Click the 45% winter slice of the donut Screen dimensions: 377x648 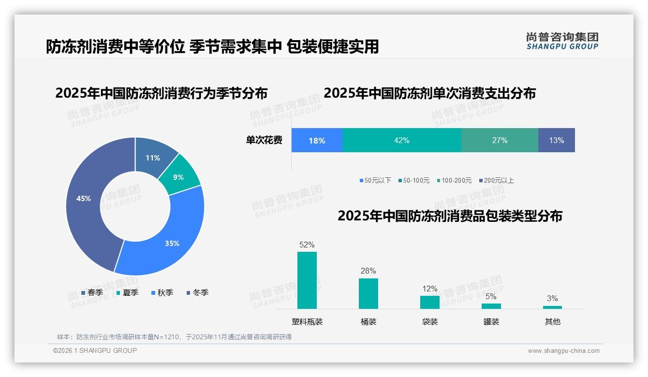(x=85, y=203)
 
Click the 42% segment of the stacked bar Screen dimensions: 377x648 (x=401, y=140)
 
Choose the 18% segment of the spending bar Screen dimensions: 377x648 (x=317, y=140)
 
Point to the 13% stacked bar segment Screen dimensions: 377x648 (x=556, y=140)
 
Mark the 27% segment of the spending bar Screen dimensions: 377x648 (x=500, y=140)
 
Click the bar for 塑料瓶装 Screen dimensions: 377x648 (x=307, y=280)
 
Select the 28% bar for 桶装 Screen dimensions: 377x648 (x=368, y=293)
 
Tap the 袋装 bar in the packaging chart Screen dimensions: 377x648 (x=429, y=302)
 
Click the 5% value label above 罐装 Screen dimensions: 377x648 (x=491, y=297)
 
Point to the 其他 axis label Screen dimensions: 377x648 (x=552, y=321)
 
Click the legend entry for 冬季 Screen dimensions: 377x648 (x=197, y=293)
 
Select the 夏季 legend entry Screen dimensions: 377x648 (x=127, y=293)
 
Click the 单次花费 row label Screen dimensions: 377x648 (x=264, y=140)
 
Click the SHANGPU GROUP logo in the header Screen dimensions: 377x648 (x=562, y=41)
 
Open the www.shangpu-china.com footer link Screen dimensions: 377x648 (x=563, y=351)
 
